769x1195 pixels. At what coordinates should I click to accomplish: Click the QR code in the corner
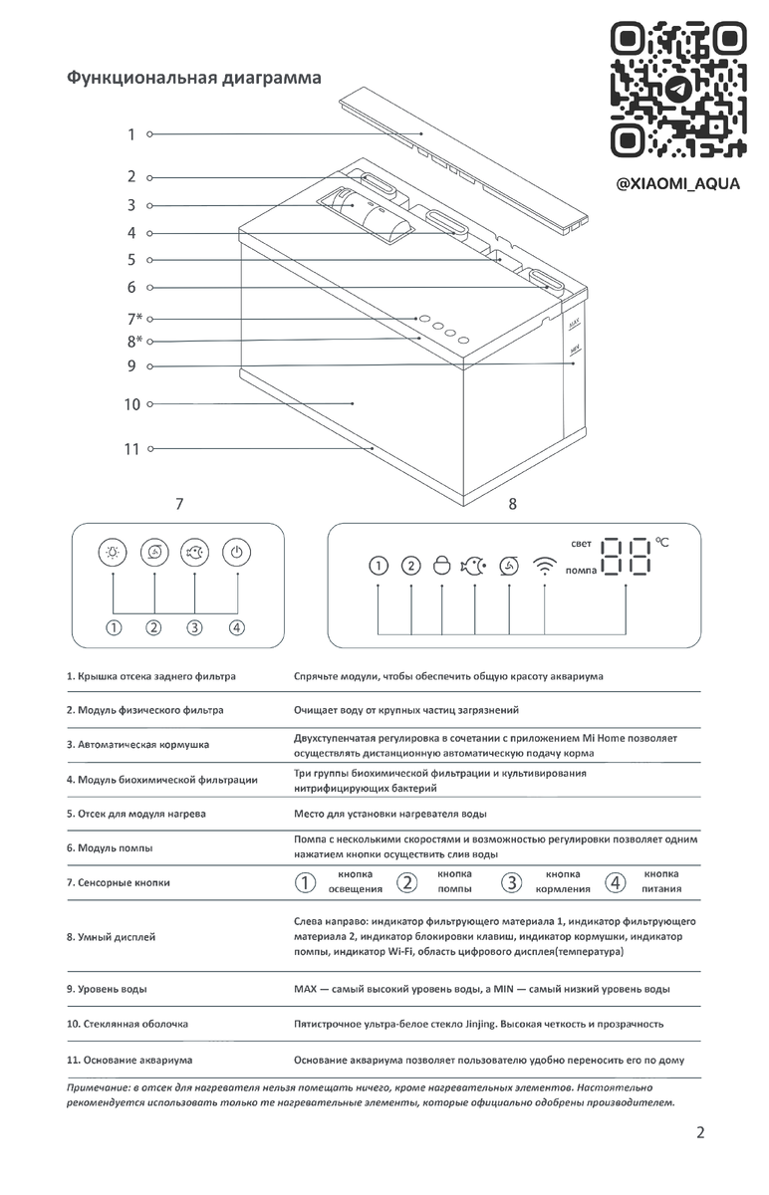tap(678, 92)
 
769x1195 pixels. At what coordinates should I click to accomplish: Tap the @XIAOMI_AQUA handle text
tap(678, 185)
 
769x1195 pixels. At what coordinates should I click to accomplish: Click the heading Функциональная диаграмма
tap(193, 77)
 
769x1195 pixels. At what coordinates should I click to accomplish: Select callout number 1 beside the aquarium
tap(130, 134)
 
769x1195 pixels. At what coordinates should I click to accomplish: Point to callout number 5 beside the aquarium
tap(130, 260)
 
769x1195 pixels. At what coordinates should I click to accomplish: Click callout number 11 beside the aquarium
tap(132, 449)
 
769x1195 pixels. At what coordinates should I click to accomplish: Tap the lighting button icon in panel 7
tap(114, 553)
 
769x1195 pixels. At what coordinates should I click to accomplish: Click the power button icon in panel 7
tap(235, 553)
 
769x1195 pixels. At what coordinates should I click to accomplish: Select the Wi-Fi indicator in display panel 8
tap(545, 566)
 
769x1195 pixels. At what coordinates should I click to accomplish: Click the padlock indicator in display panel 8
tap(441, 566)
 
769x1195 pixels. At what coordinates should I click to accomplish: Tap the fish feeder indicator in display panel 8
tap(473, 566)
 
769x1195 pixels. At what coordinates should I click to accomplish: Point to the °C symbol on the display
tap(663, 542)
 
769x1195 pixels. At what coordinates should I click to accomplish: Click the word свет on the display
tap(581, 544)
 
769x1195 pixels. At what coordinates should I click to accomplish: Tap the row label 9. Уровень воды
tap(107, 989)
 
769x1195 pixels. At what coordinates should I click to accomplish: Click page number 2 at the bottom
tap(700, 1132)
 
